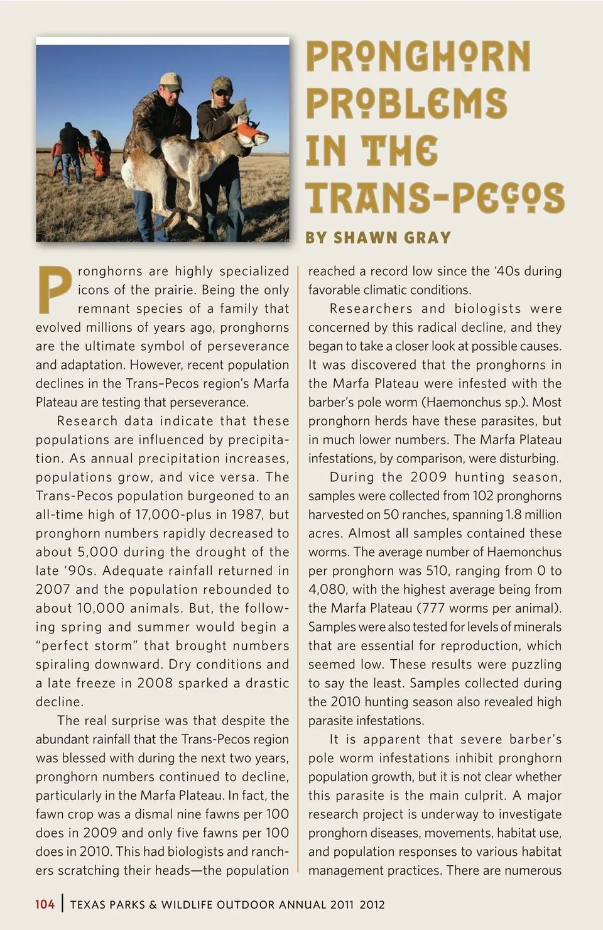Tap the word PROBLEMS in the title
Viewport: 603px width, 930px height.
coord(406,104)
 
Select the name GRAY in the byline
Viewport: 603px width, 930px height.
coord(428,238)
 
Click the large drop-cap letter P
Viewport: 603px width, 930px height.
coord(55,290)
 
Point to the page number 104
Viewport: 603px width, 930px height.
coord(45,904)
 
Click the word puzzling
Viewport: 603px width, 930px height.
coord(535,664)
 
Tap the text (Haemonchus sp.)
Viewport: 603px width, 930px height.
coord(473,402)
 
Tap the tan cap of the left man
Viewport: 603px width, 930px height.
coord(171,80)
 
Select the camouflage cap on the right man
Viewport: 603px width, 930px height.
coord(222,84)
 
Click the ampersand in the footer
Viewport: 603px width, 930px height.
coord(153,905)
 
